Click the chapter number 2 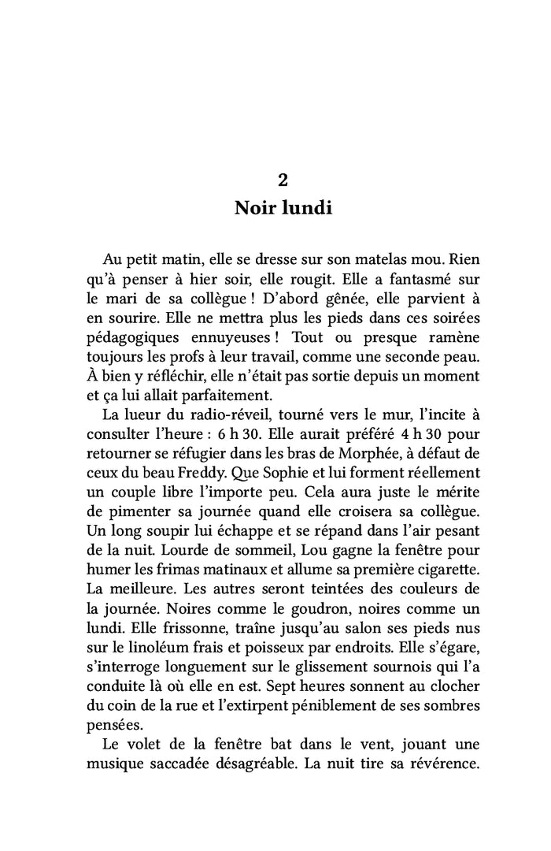pyautogui.click(x=283, y=180)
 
